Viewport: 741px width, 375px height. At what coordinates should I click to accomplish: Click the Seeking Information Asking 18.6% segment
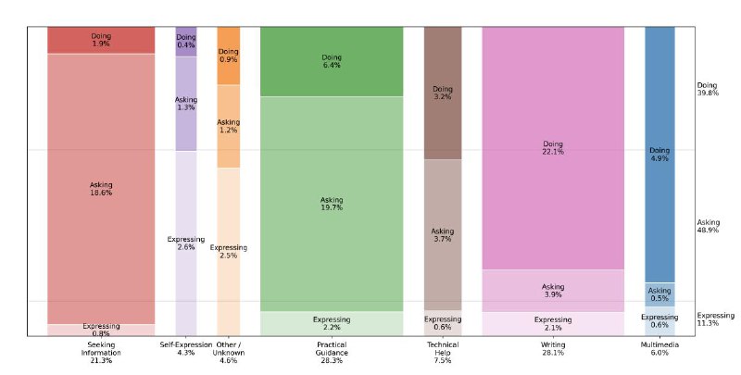tap(101, 189)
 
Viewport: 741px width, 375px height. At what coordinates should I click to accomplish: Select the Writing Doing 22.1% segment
tap(553, 147)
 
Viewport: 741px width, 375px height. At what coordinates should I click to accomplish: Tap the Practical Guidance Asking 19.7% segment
tap(332, 203)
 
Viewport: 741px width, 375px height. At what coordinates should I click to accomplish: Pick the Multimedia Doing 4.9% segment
tap(659, 154)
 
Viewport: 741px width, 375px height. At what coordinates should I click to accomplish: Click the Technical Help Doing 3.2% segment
tap(443, 93)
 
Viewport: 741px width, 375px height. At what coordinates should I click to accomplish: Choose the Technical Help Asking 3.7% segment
tap(443, 234)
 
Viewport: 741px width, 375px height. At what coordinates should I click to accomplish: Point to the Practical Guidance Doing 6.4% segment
tap(332, 61)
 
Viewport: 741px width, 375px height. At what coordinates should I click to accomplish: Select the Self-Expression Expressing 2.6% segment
tap(185, 243)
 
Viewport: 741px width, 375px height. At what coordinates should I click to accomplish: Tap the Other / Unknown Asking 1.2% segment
tap(229, 126)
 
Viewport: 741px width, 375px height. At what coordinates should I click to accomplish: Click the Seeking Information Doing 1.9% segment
tap(101, 40)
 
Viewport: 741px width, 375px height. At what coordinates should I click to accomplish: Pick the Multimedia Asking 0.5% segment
tap(659, 294)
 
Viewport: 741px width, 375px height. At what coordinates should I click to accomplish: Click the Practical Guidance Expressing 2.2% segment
tap(332, 322)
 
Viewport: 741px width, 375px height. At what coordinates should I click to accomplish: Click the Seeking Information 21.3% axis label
tap(101, 356)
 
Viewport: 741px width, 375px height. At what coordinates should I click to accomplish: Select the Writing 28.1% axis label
tap(553, 356)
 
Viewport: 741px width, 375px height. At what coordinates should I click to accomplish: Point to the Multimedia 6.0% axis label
tap(659, 356)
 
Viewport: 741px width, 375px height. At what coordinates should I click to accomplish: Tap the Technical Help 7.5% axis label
tap(443, 356)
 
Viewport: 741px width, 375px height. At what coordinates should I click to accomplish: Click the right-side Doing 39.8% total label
tap(708, 89)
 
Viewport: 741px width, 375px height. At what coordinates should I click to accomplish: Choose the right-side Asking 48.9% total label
tap(709, 226)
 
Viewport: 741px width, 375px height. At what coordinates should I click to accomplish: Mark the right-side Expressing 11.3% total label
tap(714, 319)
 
